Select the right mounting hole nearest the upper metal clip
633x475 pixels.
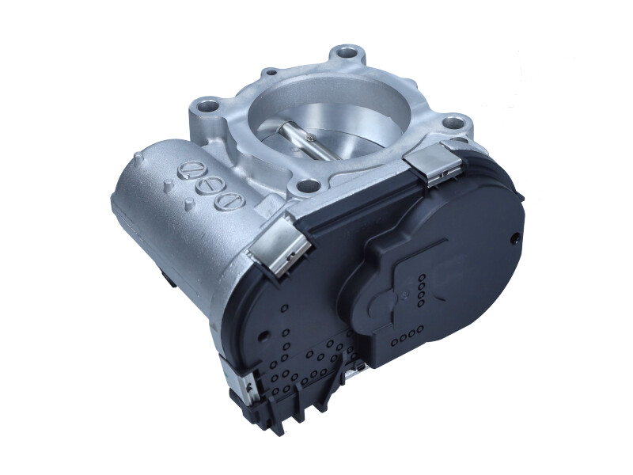[452, 123]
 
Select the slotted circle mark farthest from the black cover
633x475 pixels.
[190, 169]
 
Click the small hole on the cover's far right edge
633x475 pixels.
[516, 237]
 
